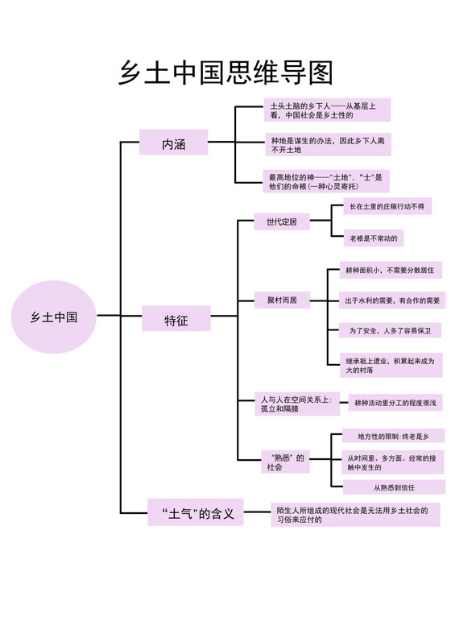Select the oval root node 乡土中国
tap(54, 317)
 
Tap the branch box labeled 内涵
tap(174, 143)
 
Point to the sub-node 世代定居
tap(282, 221)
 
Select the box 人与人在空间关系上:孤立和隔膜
tap(297, 404)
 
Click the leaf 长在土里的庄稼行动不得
tap(385, 207)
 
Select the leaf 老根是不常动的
tap(374, 238)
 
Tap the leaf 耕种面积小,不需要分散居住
tap(389, 270)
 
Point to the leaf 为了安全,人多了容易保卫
tap(389, 331)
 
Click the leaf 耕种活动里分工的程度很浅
tap(395, 402)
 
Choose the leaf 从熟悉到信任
tap(394, 487)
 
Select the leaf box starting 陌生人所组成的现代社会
tap(355, 514)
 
